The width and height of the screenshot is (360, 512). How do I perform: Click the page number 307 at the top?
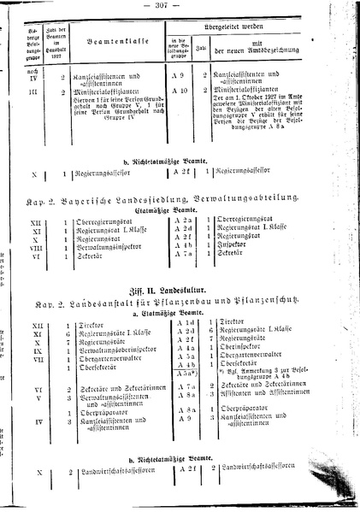coord(182,8)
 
